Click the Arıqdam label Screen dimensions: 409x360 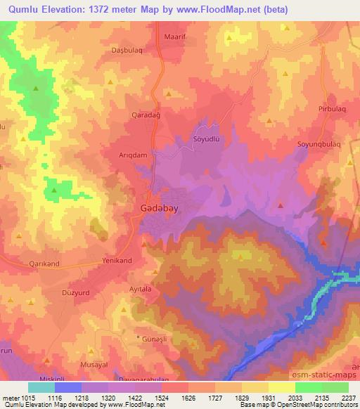coord(133,155)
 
